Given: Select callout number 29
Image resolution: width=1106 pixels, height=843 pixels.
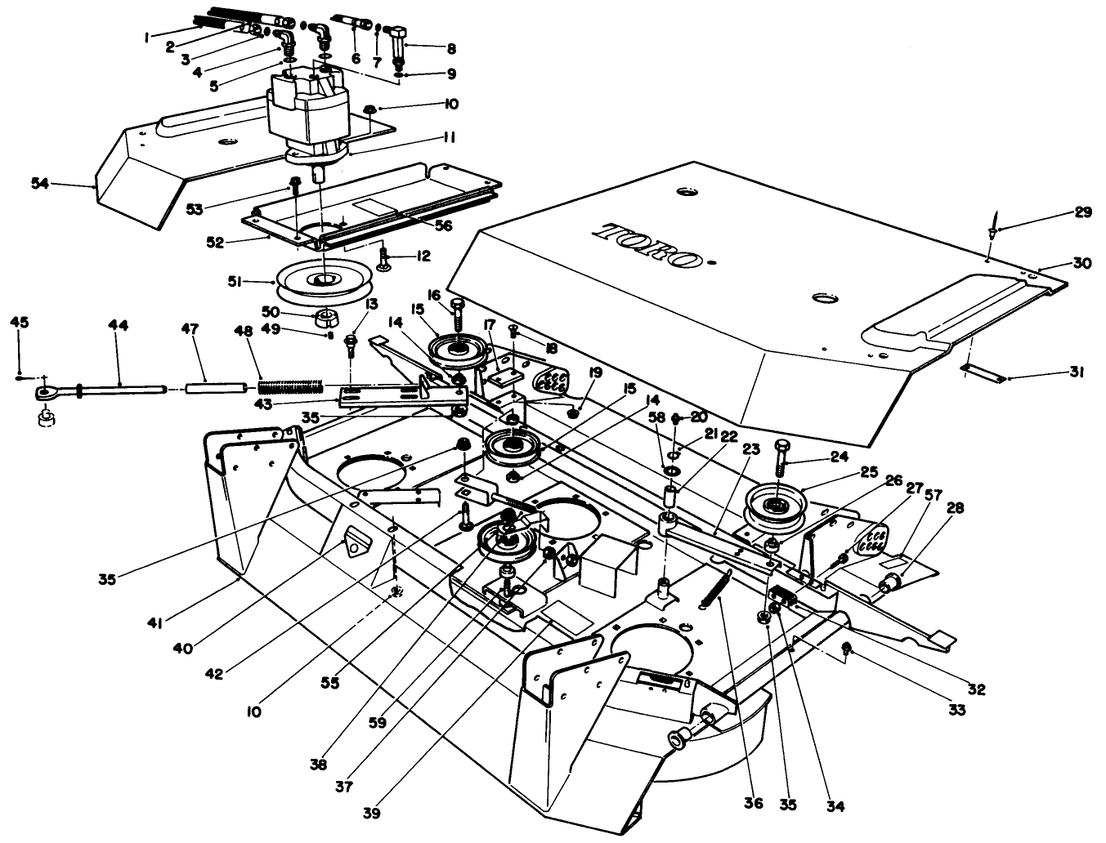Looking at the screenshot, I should click(x=1083, y=212).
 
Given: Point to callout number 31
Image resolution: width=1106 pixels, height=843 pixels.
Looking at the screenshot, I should click(x=1077, y=372).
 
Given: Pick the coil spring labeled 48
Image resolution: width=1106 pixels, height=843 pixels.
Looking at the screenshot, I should click(x=291, y=383).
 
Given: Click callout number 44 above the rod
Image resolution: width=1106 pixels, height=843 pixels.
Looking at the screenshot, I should click(x=118, y=325).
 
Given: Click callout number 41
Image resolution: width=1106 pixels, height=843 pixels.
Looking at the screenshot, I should click(x=155, y=623).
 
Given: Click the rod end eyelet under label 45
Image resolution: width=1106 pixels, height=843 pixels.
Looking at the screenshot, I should click(x=44, y=394).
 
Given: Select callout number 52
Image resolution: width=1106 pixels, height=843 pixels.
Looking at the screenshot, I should click(x=214, y=242).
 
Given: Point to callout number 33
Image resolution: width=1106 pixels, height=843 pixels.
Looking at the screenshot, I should click(x=957, y=710).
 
